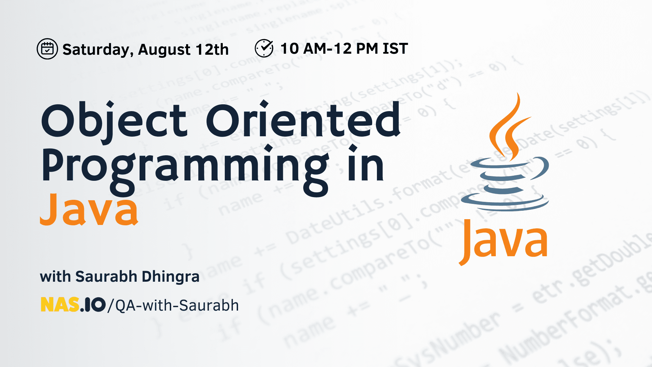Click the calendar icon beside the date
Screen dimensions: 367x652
(x=47, y=49)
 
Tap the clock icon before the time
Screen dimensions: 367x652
(x=264, y=48)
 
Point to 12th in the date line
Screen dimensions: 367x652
(x=212, y=50)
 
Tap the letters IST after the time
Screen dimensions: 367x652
(x=395, y=49)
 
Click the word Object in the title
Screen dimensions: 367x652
(x=114, y=121)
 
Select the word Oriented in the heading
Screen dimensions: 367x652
(x=303, y=120)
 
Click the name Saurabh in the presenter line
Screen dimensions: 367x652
(x=106, y=277)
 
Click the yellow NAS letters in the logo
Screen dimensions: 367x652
(x=60, y=305)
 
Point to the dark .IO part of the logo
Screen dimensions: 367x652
(x=93, y=305)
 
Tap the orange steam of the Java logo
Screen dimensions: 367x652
(x=508, y=129)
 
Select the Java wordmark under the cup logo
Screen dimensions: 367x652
(x=504, y=241)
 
